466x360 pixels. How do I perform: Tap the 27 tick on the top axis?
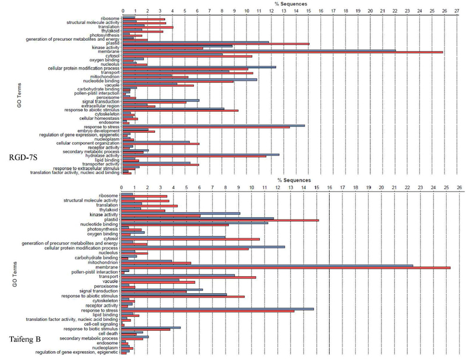click(x=458, y=10)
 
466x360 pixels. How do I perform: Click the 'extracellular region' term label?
click(x=101, y=105)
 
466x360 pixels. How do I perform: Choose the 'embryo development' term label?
click(x=101, y=130)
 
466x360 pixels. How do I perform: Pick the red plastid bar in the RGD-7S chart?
click(x=216, y=44)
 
